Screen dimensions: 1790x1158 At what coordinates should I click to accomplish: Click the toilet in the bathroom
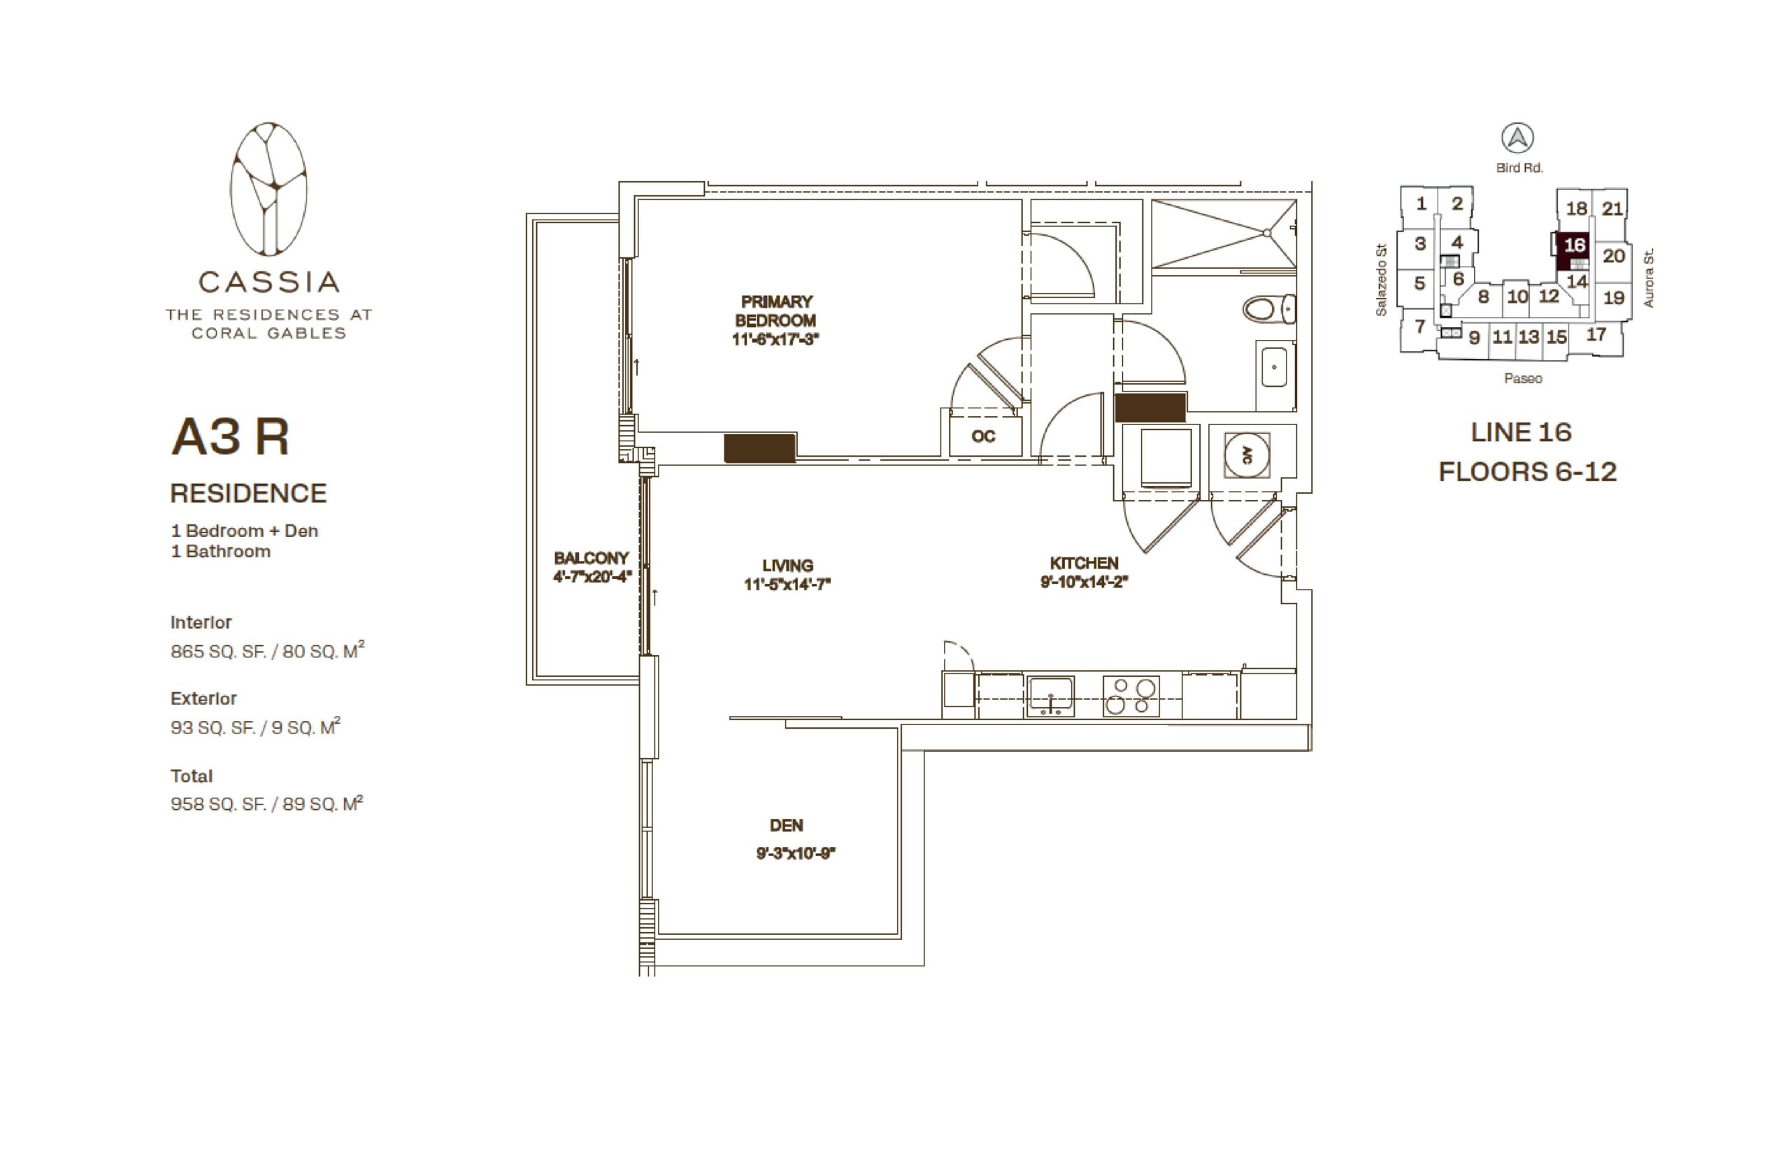[1268, 309]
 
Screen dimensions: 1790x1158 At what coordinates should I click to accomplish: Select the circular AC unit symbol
[1247, 456]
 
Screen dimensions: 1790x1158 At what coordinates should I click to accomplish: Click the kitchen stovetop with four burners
[1131, 696]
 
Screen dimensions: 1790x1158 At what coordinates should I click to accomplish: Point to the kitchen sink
[1050, 696]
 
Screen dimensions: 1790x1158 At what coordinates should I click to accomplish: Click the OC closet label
[982, 436]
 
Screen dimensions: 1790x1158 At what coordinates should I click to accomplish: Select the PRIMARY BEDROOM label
[776, 310]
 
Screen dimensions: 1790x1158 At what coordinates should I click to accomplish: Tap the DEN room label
[787, 825]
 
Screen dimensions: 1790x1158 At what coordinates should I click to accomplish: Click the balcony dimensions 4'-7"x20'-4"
[592, 577]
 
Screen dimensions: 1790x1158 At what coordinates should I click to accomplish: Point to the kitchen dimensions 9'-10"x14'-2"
[1084, 581]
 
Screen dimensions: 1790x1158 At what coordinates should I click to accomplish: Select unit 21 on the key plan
[1611, 208]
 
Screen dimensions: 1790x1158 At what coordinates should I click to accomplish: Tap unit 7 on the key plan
[1419, 327]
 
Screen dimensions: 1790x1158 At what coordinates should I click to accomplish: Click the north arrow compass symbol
[1517, 138]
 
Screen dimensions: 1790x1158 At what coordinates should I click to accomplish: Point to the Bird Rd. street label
[1519, 168]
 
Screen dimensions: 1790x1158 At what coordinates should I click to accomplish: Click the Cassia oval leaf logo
[268, 189]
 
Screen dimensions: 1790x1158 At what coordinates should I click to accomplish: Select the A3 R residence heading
[230, 436]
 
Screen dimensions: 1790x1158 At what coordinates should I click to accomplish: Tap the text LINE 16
[1521, 432]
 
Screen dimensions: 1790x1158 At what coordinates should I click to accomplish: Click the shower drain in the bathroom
[1266, 233]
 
